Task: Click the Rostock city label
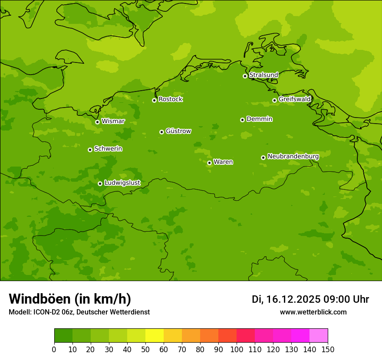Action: [170, 99]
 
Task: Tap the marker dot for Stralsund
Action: [245, 76]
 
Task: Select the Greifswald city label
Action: [294, 99]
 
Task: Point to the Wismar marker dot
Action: [97, 122]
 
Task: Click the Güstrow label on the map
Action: [178, 131]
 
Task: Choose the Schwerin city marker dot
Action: [90, 150]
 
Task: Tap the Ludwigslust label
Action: [122, 183]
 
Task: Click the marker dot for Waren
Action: [209, 163]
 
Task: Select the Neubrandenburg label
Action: [293, 156]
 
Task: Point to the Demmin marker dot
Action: [242, 120]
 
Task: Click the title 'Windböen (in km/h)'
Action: [70, 299]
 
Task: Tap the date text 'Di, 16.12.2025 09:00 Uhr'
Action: [310, 299]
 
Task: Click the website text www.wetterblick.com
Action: [313, 312]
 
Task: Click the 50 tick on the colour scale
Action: [145, 350]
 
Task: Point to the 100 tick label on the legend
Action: [237, 350]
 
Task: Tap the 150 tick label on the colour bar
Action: [328, 350]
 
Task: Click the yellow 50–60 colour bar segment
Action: [155, 336]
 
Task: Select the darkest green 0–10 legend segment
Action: [63, 336]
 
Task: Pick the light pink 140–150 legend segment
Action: [319, 336]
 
